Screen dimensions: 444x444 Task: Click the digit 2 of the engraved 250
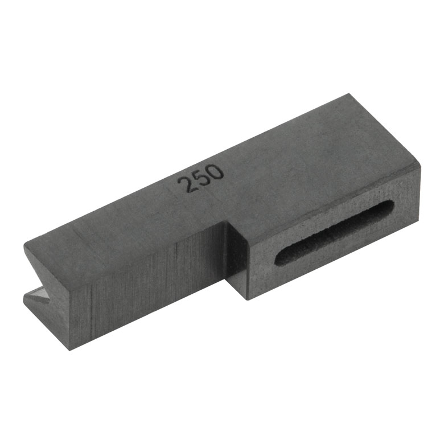[x=185, y=184]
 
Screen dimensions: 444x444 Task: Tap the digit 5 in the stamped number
[x=200, y=179]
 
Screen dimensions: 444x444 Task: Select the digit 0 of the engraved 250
[x=216, y=172]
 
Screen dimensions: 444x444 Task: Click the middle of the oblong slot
[x=334, y=233]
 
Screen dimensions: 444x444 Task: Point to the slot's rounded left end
[x=279, y=257]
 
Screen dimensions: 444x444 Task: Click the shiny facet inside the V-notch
[x=38, y=295]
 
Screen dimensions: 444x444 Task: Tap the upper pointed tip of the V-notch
[x=25, y=246]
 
